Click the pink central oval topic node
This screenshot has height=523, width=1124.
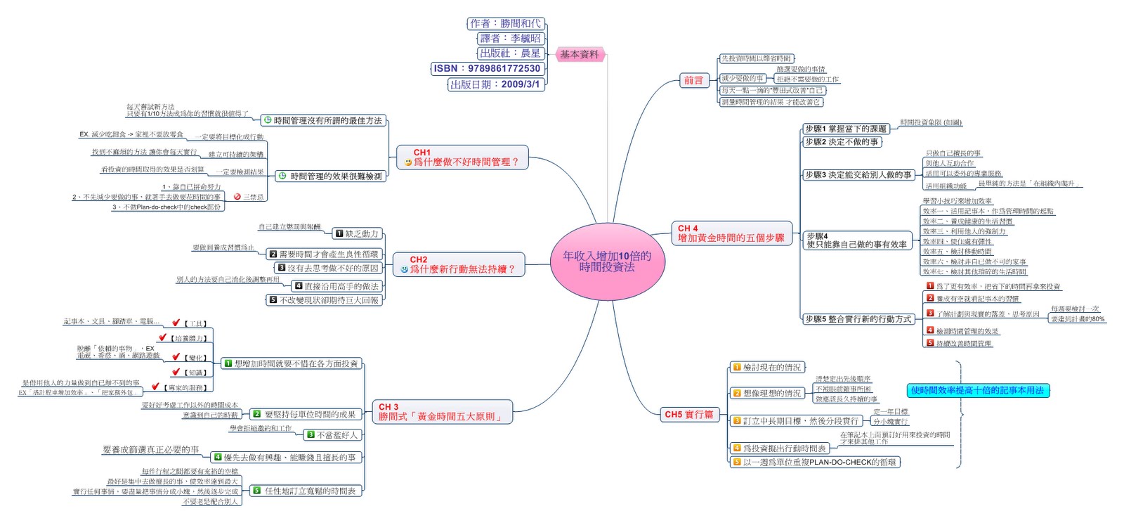point(607,261)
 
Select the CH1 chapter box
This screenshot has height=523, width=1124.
point(461,157)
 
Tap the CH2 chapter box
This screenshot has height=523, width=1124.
point(458,265)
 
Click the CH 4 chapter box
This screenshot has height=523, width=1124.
point(731,233)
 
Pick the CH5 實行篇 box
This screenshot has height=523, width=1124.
point(688,415)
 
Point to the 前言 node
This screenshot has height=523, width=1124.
point(693,80)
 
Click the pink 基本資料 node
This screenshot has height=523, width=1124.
point(580,54)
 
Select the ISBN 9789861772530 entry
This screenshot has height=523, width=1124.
point(487,68)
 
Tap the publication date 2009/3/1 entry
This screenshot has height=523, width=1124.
point(495,84)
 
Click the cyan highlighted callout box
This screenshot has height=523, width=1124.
point(977,391)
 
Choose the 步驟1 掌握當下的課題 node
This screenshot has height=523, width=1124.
point(846,129)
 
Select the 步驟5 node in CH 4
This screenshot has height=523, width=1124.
point(858,319)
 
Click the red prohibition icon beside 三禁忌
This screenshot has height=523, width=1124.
point(237,197)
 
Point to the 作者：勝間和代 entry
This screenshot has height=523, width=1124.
point(505,24)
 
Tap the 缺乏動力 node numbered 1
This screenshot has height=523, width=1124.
point(357,233)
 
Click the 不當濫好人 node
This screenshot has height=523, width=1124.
point(332,435)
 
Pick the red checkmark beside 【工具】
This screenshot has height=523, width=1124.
point(176,323)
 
